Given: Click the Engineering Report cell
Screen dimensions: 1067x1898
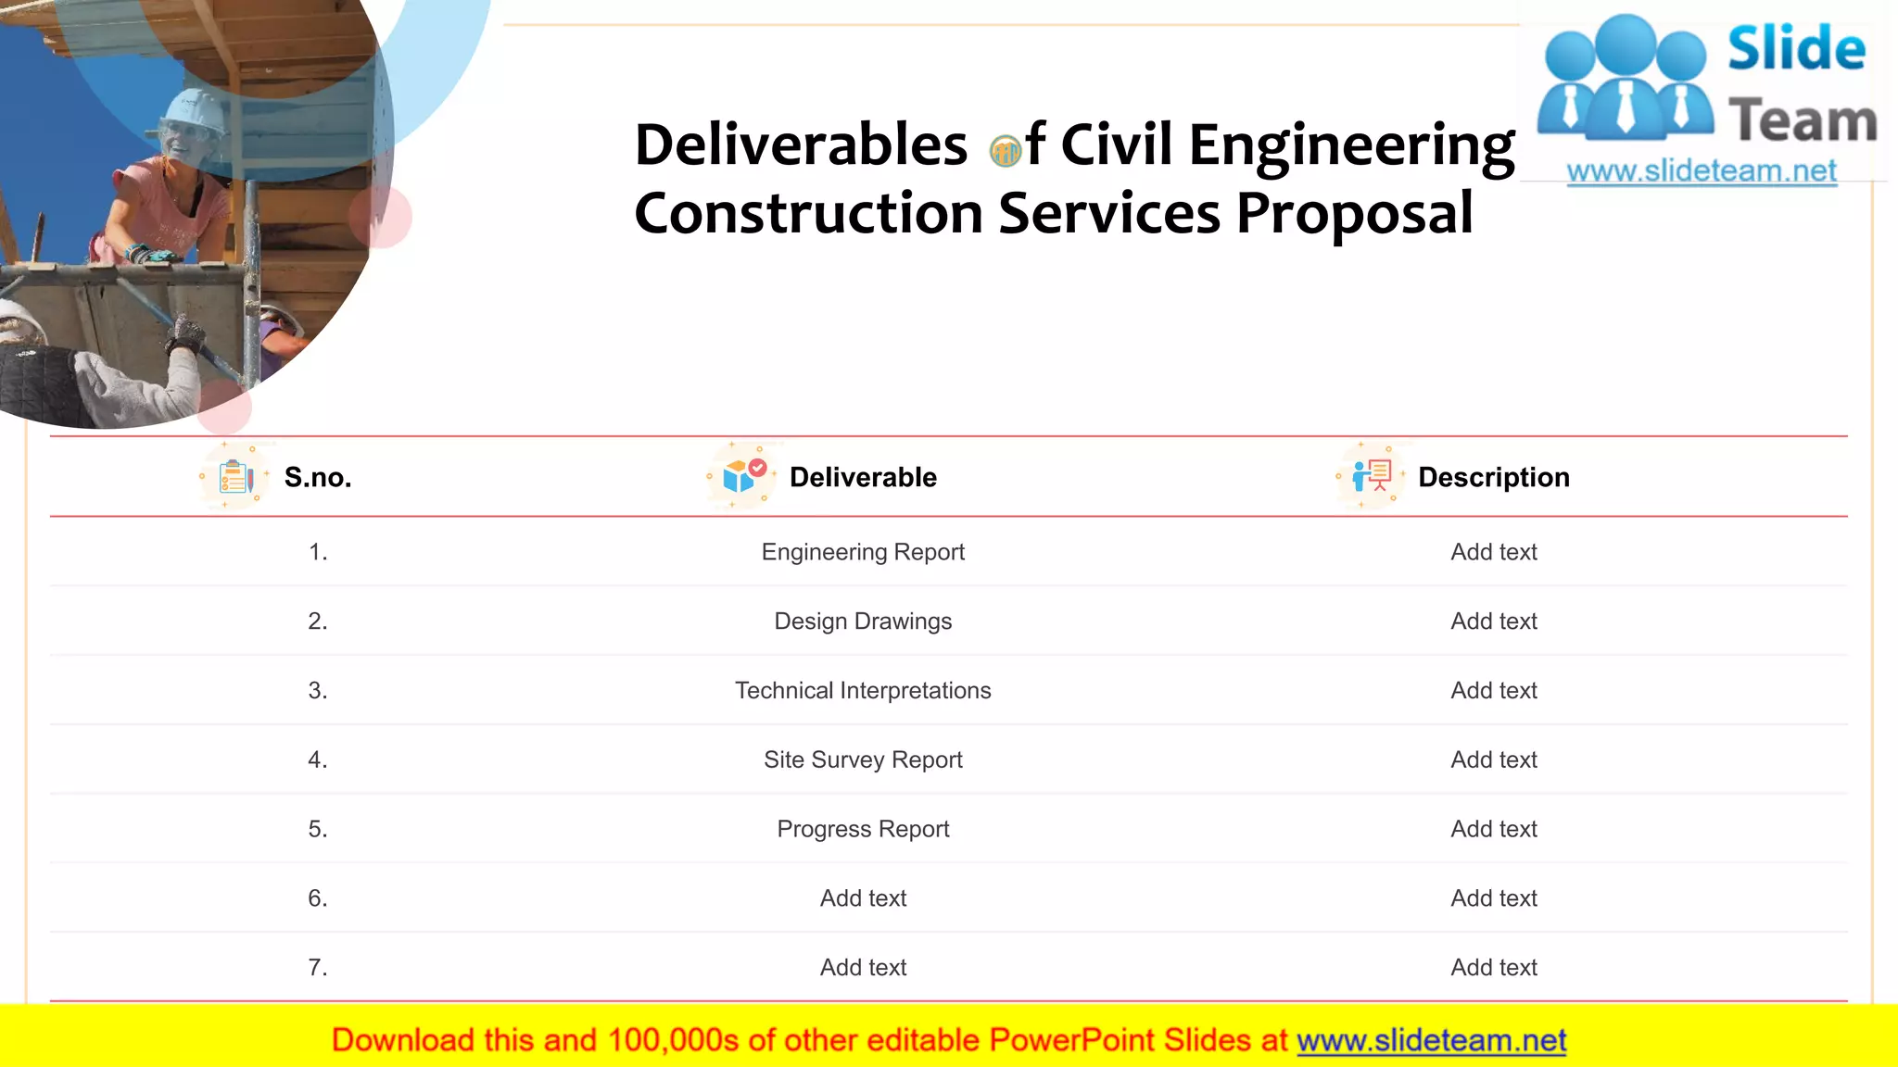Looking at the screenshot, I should [x=863, y=552].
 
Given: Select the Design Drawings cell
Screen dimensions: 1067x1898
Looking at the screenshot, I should [x=863, y=621].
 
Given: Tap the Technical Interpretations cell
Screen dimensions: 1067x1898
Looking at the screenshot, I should [x=863, y=691].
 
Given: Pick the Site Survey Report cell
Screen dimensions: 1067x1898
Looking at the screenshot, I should [x=863, y=760].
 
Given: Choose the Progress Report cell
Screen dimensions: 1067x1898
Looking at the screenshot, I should [x=863, y=829].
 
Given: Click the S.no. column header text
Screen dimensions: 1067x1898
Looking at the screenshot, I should [x=318, y=478].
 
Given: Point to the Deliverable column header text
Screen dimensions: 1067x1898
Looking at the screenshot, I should [x=863, y=478].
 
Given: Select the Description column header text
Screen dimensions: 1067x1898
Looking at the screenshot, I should [x=1494, y=478].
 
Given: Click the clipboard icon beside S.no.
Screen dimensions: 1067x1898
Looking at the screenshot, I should [x=235, y=478].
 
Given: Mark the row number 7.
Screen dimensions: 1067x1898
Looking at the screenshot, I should [x=318, y=968].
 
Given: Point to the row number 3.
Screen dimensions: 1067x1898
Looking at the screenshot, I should [x=318, y=691].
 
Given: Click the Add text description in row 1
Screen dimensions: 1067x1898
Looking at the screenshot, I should [x=1494, y=552].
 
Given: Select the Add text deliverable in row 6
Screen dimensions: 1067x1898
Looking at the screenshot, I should [x=863, y=898].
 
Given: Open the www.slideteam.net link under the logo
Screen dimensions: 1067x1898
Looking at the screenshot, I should [x=1702, y=171].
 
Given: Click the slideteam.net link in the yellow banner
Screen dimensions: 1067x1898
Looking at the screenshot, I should [x=1431, y=1041].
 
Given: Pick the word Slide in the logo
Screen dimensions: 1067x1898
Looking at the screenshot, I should [x=1796, y=49].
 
